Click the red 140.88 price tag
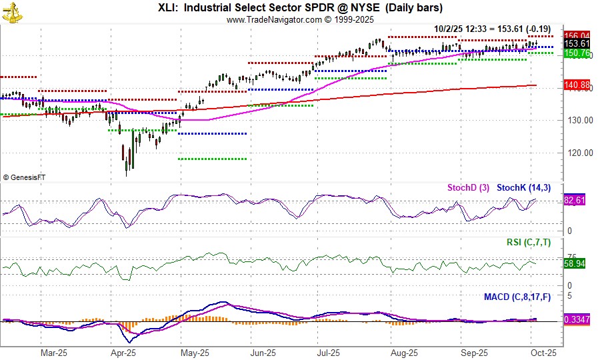[x=577, y=85]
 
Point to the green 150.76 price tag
[x=577, y=53]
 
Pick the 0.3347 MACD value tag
[x=575, y=320]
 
